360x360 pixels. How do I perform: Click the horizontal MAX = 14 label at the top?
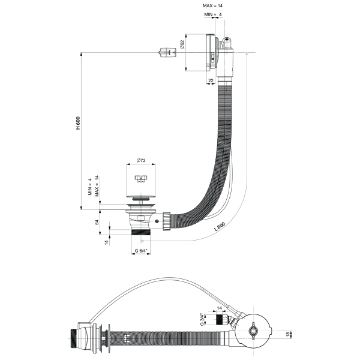coord(215,5)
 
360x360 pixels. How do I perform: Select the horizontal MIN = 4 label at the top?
coord(213,14)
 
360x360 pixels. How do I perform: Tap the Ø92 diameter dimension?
coord(182,45)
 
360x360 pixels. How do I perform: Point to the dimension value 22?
coord(211,80)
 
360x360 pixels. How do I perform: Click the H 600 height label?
coord(77,123)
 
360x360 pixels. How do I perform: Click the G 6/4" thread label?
coord(142,250)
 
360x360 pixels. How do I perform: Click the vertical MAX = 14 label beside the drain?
coord(97,187)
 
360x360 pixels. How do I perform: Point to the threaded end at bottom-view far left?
coord(75,334)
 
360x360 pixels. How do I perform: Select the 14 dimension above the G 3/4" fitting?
coord(219,308)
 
